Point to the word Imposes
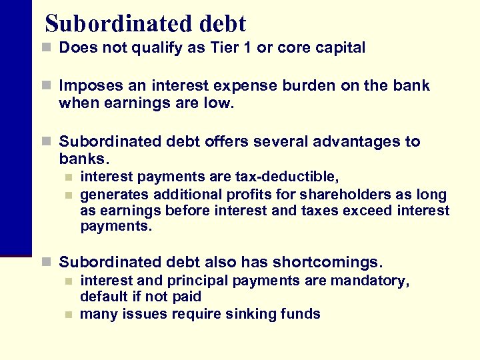[x=86, y=87]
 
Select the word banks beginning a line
[x=81, y=160]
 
